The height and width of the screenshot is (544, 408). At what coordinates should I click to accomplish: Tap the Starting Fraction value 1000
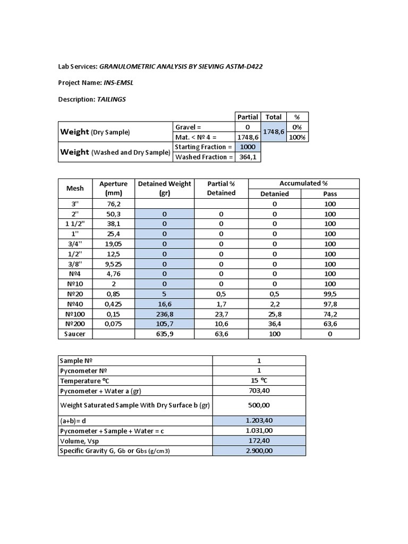click(248, 147)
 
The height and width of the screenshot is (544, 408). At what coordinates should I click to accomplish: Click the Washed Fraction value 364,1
click(248, 157)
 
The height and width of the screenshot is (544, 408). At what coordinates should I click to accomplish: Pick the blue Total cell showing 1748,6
click(274, 132)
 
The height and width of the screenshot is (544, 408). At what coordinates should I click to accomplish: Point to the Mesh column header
click(75, 189)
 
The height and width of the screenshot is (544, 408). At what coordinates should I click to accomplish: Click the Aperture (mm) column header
click(114, 189)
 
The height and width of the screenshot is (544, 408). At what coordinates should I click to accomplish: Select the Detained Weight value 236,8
click(165, 314)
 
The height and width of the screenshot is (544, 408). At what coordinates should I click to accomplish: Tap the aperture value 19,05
click(114, 244)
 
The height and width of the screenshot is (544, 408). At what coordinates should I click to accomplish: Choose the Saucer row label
click(75, 334)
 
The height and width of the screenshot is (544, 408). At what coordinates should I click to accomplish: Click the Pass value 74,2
click(330, 314)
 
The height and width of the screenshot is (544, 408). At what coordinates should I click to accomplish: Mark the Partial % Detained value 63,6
click(221, 334)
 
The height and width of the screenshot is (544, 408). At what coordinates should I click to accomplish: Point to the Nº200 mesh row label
click(75, 324)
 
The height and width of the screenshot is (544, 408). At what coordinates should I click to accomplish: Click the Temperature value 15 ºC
click(259, 381)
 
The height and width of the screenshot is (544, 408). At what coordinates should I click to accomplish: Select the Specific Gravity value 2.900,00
click(259, 451)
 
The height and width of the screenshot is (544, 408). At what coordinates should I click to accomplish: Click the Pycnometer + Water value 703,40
click(259, 391)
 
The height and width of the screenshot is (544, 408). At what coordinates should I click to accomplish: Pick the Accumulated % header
click(303, 183)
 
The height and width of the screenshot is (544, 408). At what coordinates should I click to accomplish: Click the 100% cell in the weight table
click(296, 137)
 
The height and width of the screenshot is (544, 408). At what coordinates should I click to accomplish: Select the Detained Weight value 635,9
click(165, 334)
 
